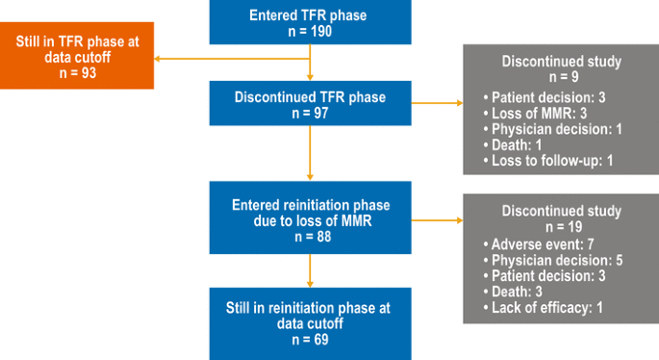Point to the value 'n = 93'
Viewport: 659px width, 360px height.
pos(77,71)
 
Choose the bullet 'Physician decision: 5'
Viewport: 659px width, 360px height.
pos(547,260)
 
